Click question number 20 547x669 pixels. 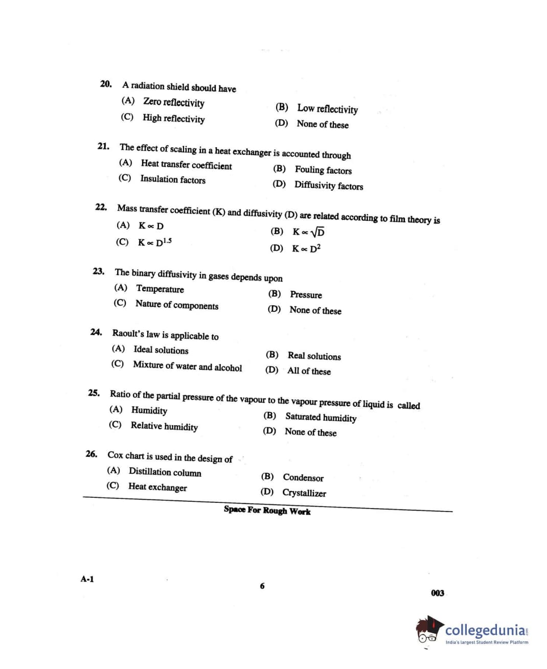tap(106, 84)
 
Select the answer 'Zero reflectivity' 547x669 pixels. tap(173, 102)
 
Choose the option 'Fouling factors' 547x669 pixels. tap(323, 170)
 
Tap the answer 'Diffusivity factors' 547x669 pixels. tap(328, 186)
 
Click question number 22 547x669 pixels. tap(101, 207)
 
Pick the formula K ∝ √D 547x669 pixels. tap(308, 232)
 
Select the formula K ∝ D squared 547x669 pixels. tap(306, 248)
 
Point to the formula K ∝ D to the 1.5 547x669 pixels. tap(154, 242)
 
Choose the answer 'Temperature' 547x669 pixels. tap(159, 289)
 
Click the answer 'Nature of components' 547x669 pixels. tap(176, 305)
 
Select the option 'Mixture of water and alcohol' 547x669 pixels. tap(187, 366)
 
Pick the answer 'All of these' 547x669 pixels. tap(309, 371)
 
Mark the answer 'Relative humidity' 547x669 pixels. tap(164, 426)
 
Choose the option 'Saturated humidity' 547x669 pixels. tap(321, 417)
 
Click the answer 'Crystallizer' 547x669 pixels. tap(304, 493)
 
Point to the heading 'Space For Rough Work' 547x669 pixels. tap(267, 510)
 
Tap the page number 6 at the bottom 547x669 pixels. tap(262, 586)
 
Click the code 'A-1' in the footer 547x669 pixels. tap(87, 579)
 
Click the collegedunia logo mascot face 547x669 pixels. tap(427, 632)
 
